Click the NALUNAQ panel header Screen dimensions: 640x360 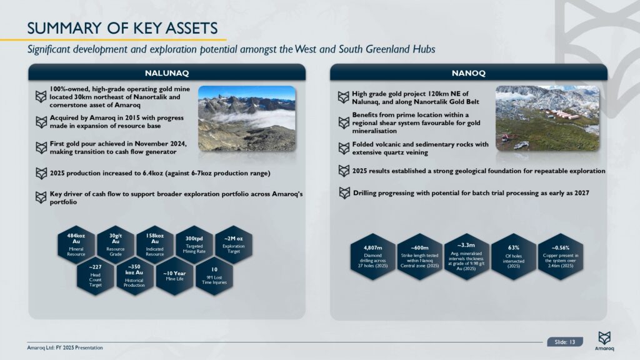(167, 72)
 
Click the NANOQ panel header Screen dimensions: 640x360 (469, 72)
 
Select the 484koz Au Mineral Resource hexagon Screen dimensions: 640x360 (76, 244)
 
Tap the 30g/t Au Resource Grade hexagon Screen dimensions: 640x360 (116, 244)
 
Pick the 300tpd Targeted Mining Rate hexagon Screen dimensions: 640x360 (194, 244)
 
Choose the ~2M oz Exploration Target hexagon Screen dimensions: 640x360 (234, 244)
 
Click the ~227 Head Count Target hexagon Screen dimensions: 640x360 (96, 276)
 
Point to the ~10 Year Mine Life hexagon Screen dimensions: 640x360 (175, 276)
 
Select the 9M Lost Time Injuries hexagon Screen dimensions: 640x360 (214, 276)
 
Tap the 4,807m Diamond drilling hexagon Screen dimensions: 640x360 (372, 257)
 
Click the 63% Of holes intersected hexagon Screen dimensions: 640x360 (514, 257)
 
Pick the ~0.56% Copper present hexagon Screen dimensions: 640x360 (561, 257)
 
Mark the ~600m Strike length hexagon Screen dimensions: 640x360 (419, 257)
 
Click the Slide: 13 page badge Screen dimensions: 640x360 (565, 342)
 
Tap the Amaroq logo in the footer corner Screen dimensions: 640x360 (604, 341)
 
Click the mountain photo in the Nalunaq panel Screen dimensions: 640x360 (247, 118)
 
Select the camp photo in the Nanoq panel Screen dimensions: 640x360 (547, 118)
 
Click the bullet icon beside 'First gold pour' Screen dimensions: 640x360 (41, 147)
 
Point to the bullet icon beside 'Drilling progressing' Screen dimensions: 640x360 (344, 192)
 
